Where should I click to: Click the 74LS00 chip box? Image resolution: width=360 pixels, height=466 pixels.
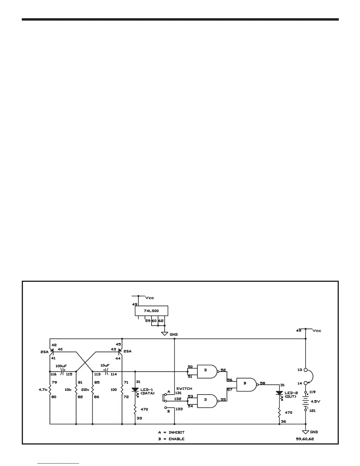[151, 311]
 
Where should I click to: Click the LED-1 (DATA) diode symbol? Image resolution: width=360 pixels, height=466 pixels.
[135, 390]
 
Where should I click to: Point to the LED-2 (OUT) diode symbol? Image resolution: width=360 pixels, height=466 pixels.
[279, 393]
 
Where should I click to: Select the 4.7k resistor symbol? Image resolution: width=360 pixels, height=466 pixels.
[50, 390]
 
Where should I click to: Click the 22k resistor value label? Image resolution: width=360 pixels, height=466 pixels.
[85, 390]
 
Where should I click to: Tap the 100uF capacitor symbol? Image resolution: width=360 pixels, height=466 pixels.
[62, 372]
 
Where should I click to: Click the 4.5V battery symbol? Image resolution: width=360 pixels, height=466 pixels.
[306, 401]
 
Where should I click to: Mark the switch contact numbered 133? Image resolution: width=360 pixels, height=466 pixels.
[165, 408]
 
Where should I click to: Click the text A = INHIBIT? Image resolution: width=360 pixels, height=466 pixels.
[171, 432]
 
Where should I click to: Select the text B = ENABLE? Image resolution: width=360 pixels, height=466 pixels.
[171, 439]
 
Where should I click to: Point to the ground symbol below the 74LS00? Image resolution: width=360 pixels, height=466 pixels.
[164, 334]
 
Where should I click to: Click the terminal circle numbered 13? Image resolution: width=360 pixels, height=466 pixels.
[306, 370]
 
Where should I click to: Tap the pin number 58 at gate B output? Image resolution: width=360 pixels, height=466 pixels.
[262, 383]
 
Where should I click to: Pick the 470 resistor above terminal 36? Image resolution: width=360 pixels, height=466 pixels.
[279, 412]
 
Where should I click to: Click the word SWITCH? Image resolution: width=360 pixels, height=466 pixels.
[184, 388]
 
